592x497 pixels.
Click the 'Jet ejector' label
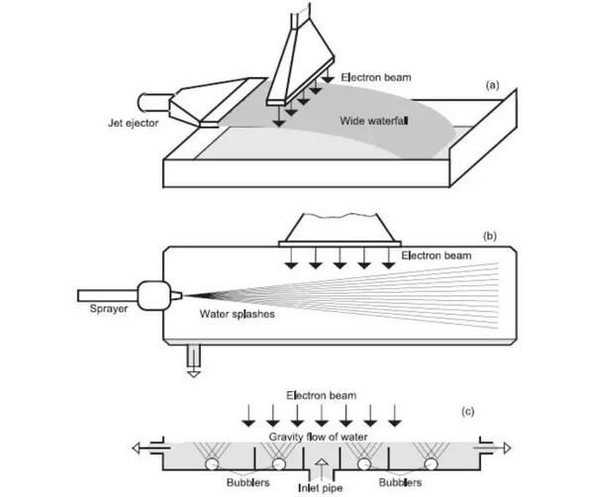coord(133,124)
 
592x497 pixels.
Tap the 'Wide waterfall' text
coord(374,121)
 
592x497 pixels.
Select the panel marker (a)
coord(492,85)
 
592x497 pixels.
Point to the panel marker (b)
coord(490,237)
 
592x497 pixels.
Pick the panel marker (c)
coord(467,411)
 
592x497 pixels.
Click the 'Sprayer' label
coord(109,309)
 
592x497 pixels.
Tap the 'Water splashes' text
coord(238,314)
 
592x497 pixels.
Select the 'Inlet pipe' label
coord(320,488)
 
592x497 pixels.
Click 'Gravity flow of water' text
coord(318,437)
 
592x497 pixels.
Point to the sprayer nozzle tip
coord(182,296)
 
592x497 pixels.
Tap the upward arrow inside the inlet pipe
coord(322,467)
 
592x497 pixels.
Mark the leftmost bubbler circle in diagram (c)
coord(212,463)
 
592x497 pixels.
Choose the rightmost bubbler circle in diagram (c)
coord(431,463)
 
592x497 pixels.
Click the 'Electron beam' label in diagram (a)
coord(376,77)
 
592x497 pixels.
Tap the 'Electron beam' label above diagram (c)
coord(322,395)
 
